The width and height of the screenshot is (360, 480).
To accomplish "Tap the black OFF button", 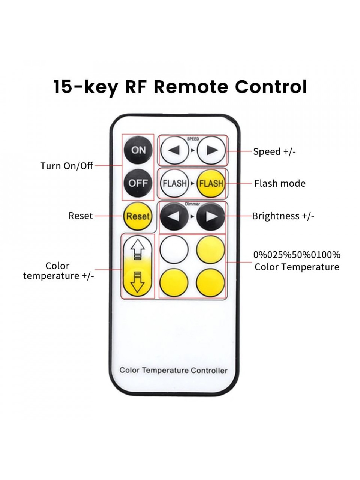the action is pyautogui.click(x=138, y=183).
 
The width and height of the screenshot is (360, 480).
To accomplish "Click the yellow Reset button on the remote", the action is pyautogui.click(x=138, y=216).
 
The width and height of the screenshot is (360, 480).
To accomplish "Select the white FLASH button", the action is pyautogui.click(x=174, y=183).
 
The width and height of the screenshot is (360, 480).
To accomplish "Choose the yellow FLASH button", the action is pyautogui.click(x=211, y=183).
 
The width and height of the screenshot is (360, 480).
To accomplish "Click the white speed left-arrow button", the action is pyautogui.click(x=174, y=150).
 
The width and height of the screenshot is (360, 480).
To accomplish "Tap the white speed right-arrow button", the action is pyautogui.click(x=211, y=150).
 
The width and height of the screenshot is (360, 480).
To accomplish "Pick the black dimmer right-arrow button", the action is pyautogui.click(x=211, y=216).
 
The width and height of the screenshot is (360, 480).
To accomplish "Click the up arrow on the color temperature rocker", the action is pyautogui.click(x=138, y=249).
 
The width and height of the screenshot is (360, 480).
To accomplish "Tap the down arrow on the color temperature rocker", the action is pyautogui.click(x=138, y=282).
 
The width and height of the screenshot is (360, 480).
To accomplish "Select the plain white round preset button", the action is pyautogui.click(x=174, y=249).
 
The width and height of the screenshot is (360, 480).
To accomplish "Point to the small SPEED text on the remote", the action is pyautogui.click(x=193, y=139).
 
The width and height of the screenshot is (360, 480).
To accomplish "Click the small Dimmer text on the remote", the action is pyautogui.click(x=192, y=204).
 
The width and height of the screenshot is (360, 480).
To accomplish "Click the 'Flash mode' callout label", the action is pyautogui.click(x=280, y=183).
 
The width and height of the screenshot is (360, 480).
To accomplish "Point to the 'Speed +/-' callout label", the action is pyautogui.click(x=274, y=151).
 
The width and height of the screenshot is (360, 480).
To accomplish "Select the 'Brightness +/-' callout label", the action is pyautogui.click(x=283, y=216).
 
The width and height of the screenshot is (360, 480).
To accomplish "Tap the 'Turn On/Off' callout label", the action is pyautogui.click(x=67, y=166).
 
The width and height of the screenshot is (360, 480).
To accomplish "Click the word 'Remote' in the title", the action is pyautogui.click(x=191, y=87).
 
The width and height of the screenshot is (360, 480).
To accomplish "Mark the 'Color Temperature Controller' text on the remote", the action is pyautogui.click(x=173, y=370).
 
